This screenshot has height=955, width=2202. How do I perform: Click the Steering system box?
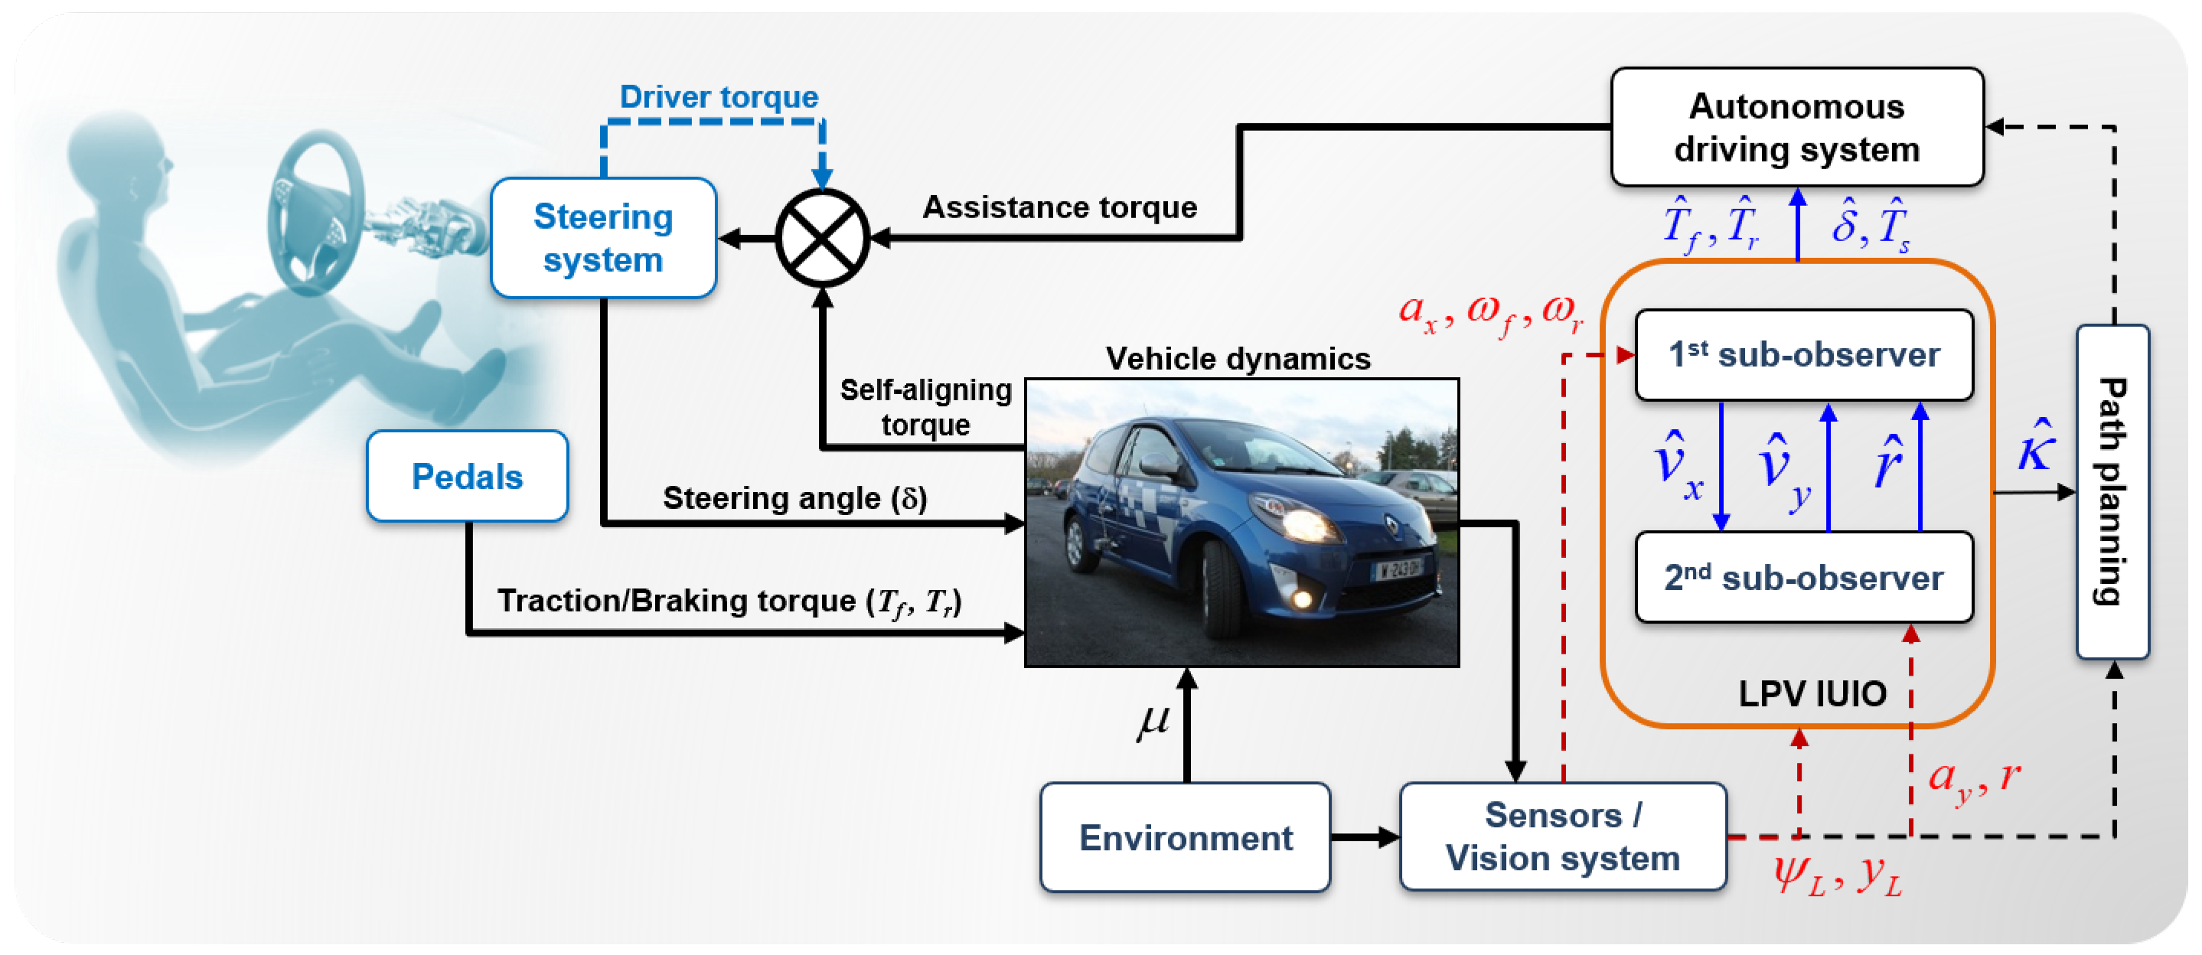click(x=602, y=238)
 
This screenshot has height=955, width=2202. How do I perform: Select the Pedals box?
click(x=467, y=476)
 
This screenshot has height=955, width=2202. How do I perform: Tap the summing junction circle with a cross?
click(x=821, y=239)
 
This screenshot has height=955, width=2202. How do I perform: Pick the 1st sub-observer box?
click(x=1804, y=355)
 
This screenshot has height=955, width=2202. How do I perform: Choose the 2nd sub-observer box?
click(x=1804, y=578)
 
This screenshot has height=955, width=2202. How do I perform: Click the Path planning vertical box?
click(x=2112, y=491)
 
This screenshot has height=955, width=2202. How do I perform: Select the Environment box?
click(x=1185, y=838)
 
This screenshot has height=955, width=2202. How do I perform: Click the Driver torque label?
click(x=718, y=96)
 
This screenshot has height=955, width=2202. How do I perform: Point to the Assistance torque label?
click(x=1059, y=207)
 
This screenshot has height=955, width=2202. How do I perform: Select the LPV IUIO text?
click(x=1812, y=693)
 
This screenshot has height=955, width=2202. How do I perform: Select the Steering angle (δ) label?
click(x=794, y=497)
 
